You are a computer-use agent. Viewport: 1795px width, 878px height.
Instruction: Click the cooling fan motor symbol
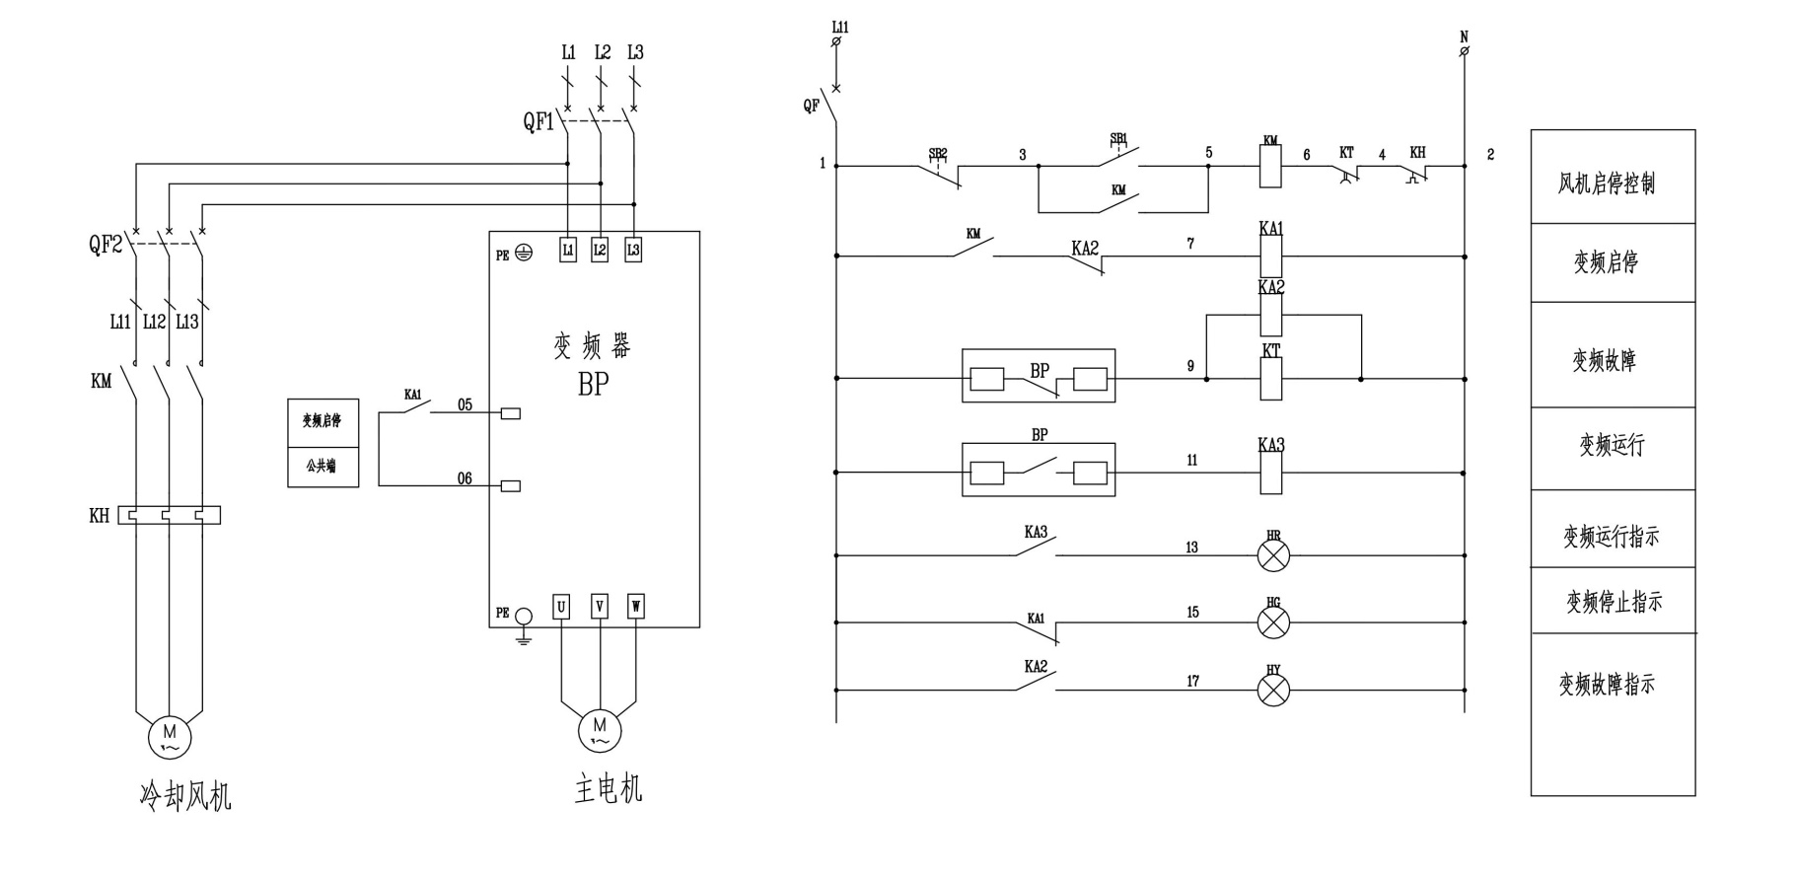click(170, 736)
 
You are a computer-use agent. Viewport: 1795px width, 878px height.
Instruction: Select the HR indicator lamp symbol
click(1273, 555)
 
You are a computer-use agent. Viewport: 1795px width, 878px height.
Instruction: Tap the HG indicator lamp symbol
click(1273, 622)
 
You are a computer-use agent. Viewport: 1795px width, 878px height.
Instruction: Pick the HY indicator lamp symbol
click(1273, 690)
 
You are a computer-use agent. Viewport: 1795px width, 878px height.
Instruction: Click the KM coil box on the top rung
click(1271, 167)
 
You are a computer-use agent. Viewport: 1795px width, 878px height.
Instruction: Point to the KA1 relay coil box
click(1271, 256)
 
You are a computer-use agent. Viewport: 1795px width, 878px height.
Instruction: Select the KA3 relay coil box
click(1271, 474)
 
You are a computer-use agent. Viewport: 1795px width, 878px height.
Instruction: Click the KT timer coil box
click(1271, 379)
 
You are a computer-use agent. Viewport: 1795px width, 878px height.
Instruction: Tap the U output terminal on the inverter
click(561, 607)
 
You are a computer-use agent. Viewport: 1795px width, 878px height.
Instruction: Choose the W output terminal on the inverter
click(636, 607)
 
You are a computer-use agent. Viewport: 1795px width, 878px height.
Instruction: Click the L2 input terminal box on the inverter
click(600, 251)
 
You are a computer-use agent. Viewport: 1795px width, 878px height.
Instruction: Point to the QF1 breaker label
click(538, 122)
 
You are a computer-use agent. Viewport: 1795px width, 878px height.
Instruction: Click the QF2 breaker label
click(105, 244)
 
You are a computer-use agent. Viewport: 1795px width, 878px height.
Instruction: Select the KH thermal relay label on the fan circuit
click(100, 516)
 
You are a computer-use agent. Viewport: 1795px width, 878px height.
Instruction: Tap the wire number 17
click(1192, 681)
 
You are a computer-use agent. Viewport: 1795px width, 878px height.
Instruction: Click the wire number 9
click(1190, 366)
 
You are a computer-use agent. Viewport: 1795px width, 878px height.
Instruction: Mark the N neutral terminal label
click(1464, 37)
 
